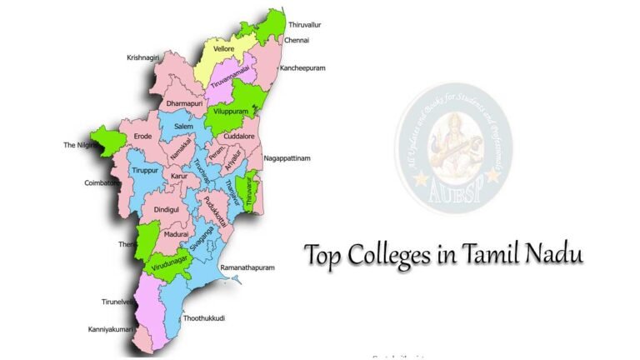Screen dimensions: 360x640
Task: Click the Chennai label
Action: tap(297, 39)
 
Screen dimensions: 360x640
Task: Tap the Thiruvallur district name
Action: tap(305, 25)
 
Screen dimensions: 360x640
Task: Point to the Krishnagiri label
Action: tap(146, 57)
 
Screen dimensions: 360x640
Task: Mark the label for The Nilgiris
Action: tap(82, 145)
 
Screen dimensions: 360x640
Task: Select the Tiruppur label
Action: tap(144, 170)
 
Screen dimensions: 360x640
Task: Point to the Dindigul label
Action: tap(167, 210)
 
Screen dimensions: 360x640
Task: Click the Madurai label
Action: tap(176, 235)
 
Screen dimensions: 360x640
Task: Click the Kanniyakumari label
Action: tap(111, 330)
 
